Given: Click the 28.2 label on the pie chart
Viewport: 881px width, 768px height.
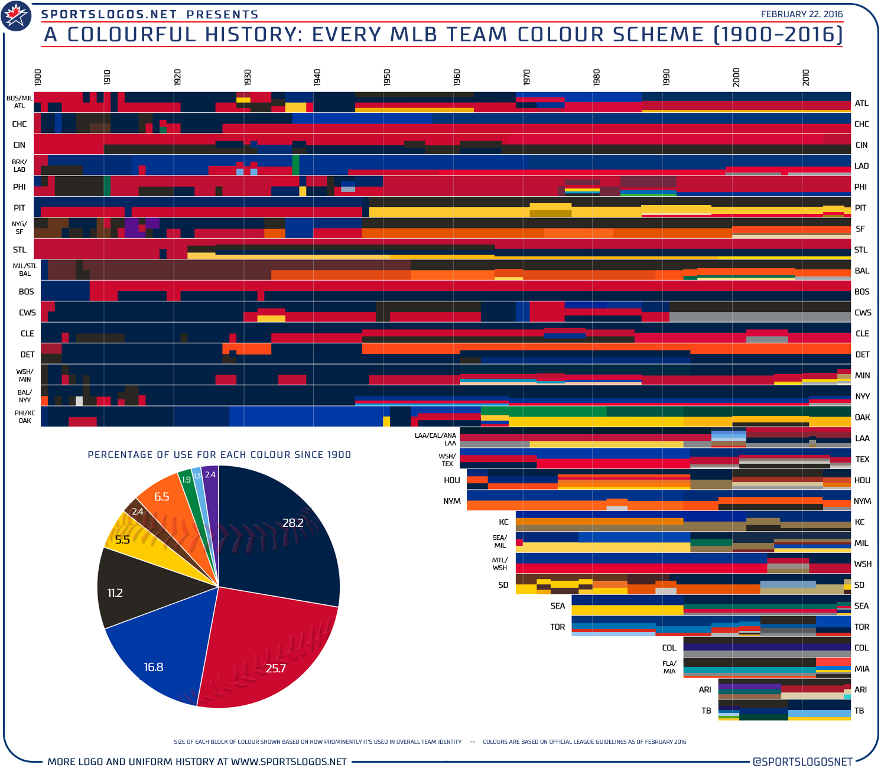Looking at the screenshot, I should click(x=292, y=523).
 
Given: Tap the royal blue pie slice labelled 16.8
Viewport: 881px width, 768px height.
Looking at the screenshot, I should click(x=160, y=656).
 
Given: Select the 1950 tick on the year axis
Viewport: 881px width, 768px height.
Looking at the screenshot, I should click(x=387, y=77).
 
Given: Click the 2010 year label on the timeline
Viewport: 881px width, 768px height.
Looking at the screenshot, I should click(x=806, y=77).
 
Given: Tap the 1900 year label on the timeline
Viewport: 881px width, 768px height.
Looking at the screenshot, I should click(x=38, y=77).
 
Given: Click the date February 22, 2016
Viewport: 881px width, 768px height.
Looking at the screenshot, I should click(x=801, y=14).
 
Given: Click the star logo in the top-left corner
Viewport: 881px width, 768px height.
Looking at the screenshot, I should click(x=17, y=17).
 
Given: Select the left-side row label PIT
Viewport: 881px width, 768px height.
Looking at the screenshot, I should click(x=19, y=208).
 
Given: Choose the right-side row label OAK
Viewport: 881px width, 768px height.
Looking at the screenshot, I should click(x=862, y=418).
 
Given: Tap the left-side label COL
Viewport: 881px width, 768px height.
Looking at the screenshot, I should click(x=669, y=648).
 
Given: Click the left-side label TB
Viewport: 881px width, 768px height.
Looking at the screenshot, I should click(x=706, y=711).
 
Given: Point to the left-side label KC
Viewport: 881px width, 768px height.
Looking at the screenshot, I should click(x=503, y=522).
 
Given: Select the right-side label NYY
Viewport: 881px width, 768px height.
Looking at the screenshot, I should click(x=862, y=396).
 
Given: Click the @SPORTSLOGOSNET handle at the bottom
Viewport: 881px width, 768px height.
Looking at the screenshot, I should click(x=802, y=762).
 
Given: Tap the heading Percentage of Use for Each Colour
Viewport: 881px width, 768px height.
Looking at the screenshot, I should click(x=219, y=454).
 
